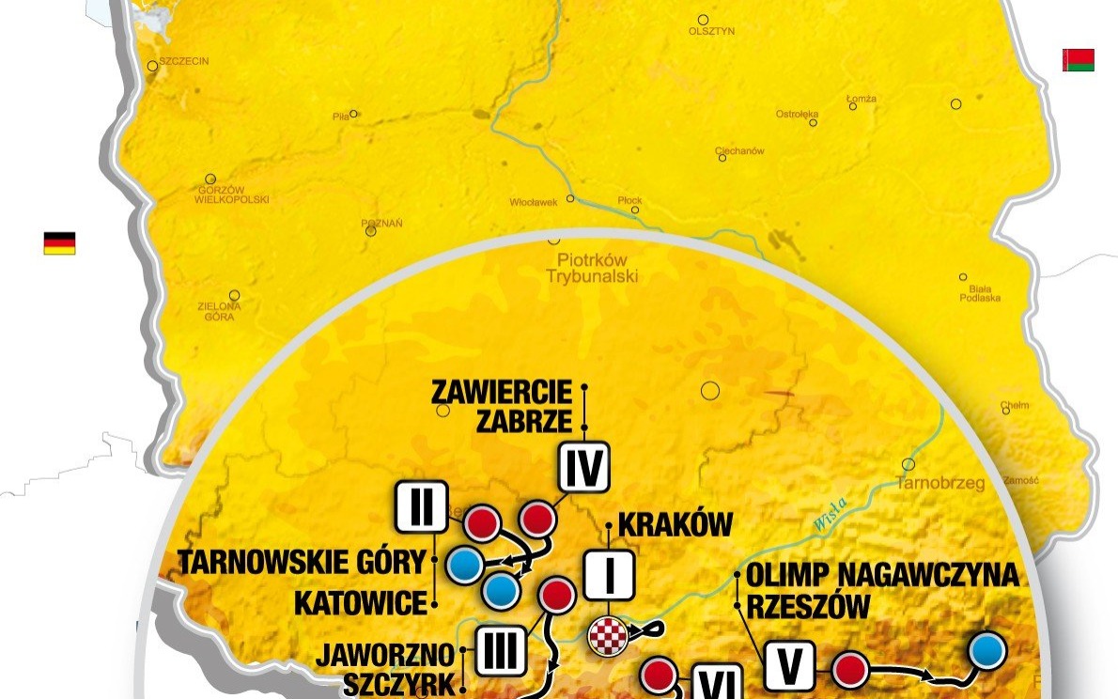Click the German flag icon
click(59, 243)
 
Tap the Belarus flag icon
click(1078, 60)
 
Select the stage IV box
click(584, 467)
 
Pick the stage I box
click(610, 575)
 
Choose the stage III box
click(500, 650)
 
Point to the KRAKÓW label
click(675, 524)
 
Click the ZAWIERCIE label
click(503, 391)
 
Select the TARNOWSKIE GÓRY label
click(303, 564)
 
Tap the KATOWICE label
click(361, 602)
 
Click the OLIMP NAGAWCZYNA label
click(882, 575)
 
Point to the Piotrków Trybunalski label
click(592, 268)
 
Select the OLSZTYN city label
click(711, 31)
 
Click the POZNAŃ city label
click(382, 224)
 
